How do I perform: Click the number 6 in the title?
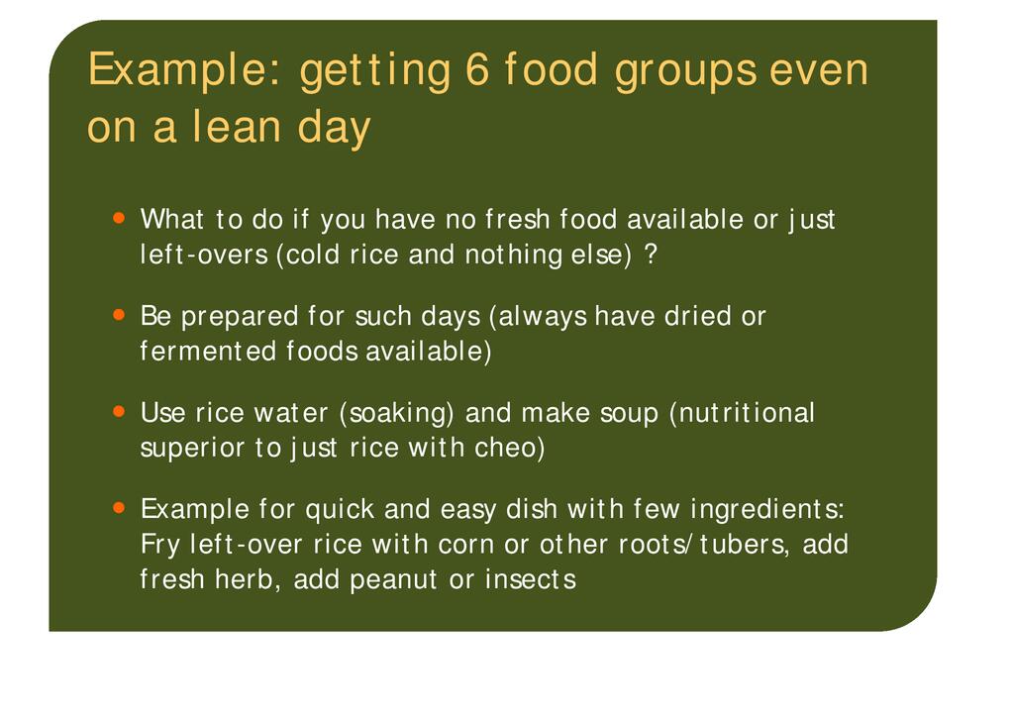click(476, 69)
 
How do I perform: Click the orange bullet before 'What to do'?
click(119, 218)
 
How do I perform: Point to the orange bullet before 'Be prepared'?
click(119, 315)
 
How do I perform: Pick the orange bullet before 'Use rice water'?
click(119, 411)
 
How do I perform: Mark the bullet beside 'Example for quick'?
click(119, 507)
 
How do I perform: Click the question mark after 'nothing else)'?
click(651, 255)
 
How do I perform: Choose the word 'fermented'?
click(208, 351)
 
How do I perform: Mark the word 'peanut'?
click(394, 580)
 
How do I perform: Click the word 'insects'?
click(531, 578)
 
